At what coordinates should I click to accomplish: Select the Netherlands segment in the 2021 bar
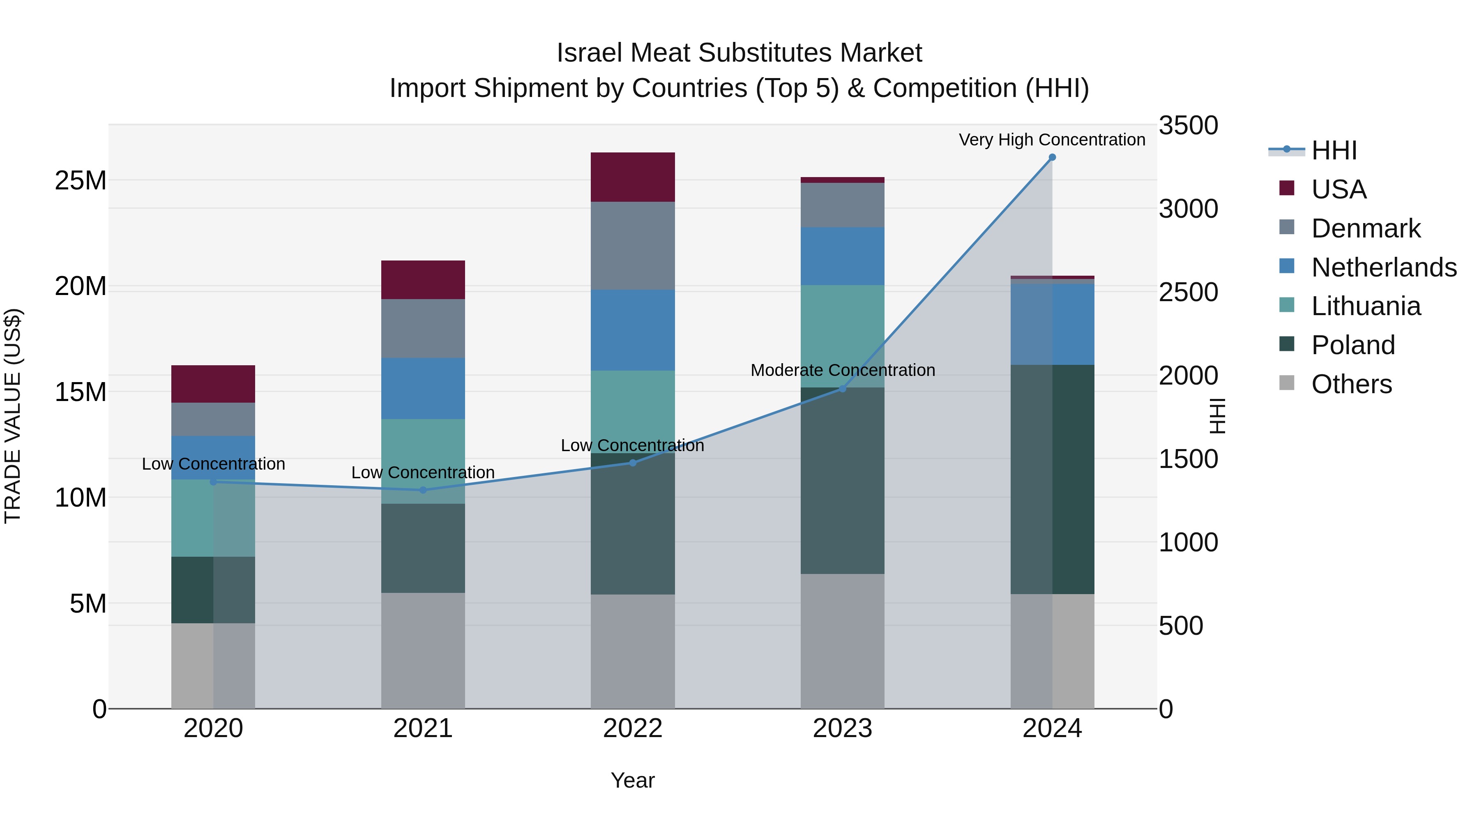pyautogui.click(x=423, y=388)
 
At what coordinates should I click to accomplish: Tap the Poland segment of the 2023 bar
pyautogui.click(x=842, y=481)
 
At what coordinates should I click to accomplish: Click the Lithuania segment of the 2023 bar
pyautogui.click(x=842, y=336)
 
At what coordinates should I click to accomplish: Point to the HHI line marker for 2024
pyautogui.click(x=1052, y=157)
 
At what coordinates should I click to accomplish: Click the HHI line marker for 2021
pyautogui.click(x=423, y=490)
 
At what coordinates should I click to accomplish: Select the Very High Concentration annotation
pyautogui.click(x=1052, y=140)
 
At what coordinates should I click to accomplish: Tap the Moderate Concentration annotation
pyautogui.click(x=842, y=370)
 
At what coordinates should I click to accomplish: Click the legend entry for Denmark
pyautogui.click(x=1365, y=228)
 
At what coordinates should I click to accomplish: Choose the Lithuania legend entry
pyautogui.click(x=1365, y=306)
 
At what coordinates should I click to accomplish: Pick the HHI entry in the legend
pyautogui.click(x=1333, y=150)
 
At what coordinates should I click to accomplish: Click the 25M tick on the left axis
pyautogui.click(x=81, y=181)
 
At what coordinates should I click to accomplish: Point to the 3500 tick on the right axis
pyautogui.click(x=1188, y=125)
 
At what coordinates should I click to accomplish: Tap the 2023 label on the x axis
pyautogui.click(x=842, y=728)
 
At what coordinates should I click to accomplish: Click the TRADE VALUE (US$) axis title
pyautogui.click(x=13, y=416)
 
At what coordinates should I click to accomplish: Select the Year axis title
pyautogui.click(x=633, y=780)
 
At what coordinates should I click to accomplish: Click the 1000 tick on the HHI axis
pyautogui.click(x=1188, y=543)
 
